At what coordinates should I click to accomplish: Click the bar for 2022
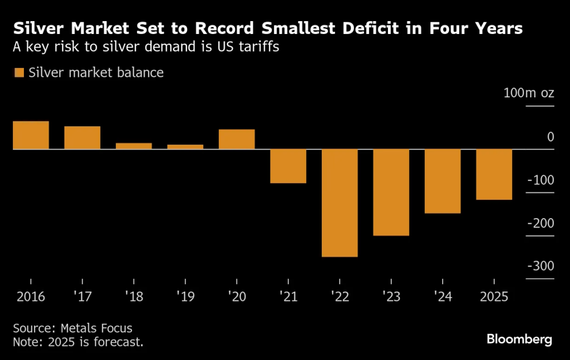click(340, 203)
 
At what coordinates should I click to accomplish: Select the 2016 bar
click(31, 135)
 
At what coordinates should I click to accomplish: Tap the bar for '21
click(288, 166)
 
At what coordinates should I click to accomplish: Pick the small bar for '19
click(185, 147)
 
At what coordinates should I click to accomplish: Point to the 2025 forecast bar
click(494, 174)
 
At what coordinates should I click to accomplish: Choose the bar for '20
click(237, 139)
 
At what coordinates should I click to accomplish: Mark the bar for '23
click(391, 193)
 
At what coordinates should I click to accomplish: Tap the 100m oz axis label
click(528, 93)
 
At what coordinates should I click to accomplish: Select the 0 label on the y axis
click(550, 137)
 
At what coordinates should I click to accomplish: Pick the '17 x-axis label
click(82, 297)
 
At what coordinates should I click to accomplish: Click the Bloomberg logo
click(519, 338)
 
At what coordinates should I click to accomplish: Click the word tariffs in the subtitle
click(259, 47)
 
